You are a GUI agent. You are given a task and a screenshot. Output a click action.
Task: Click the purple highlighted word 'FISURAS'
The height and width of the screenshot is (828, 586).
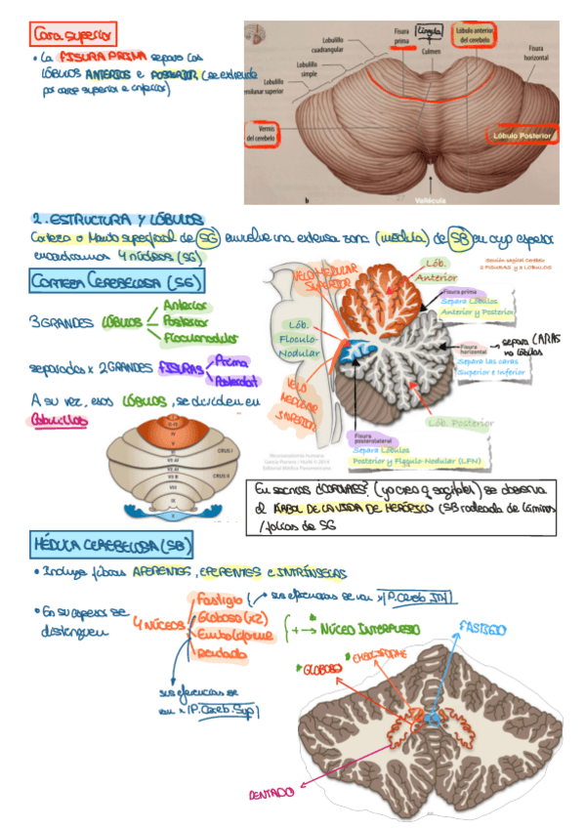[x=182, y=368]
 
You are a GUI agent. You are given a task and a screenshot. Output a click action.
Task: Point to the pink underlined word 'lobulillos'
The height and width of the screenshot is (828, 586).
[x=59, y=418]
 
